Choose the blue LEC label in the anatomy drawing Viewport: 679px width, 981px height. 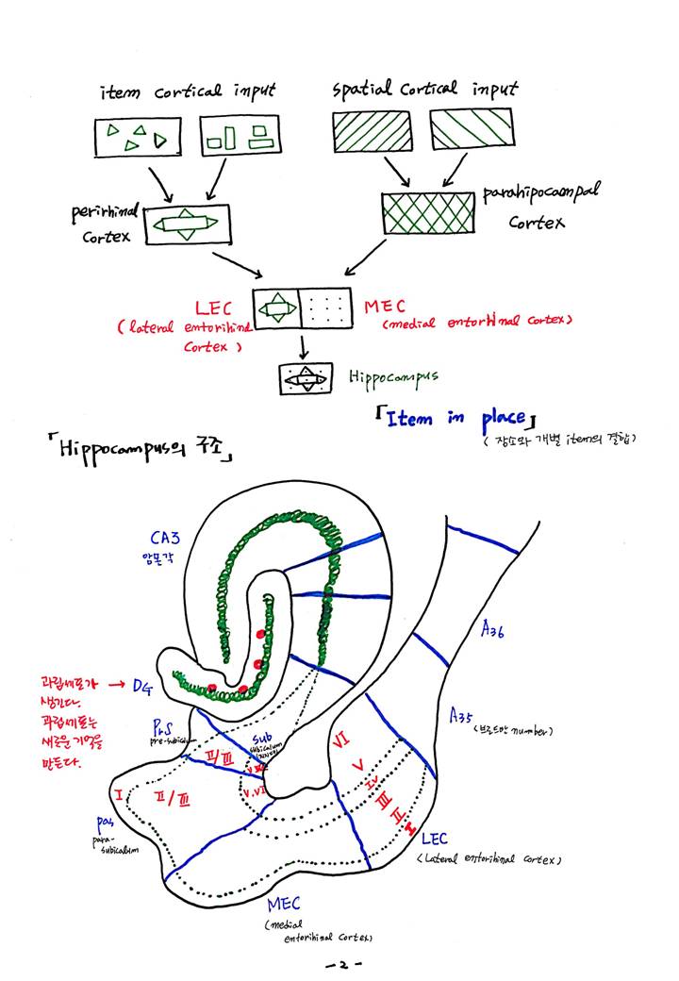point(435,839)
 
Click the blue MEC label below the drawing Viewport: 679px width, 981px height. point(284,905)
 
